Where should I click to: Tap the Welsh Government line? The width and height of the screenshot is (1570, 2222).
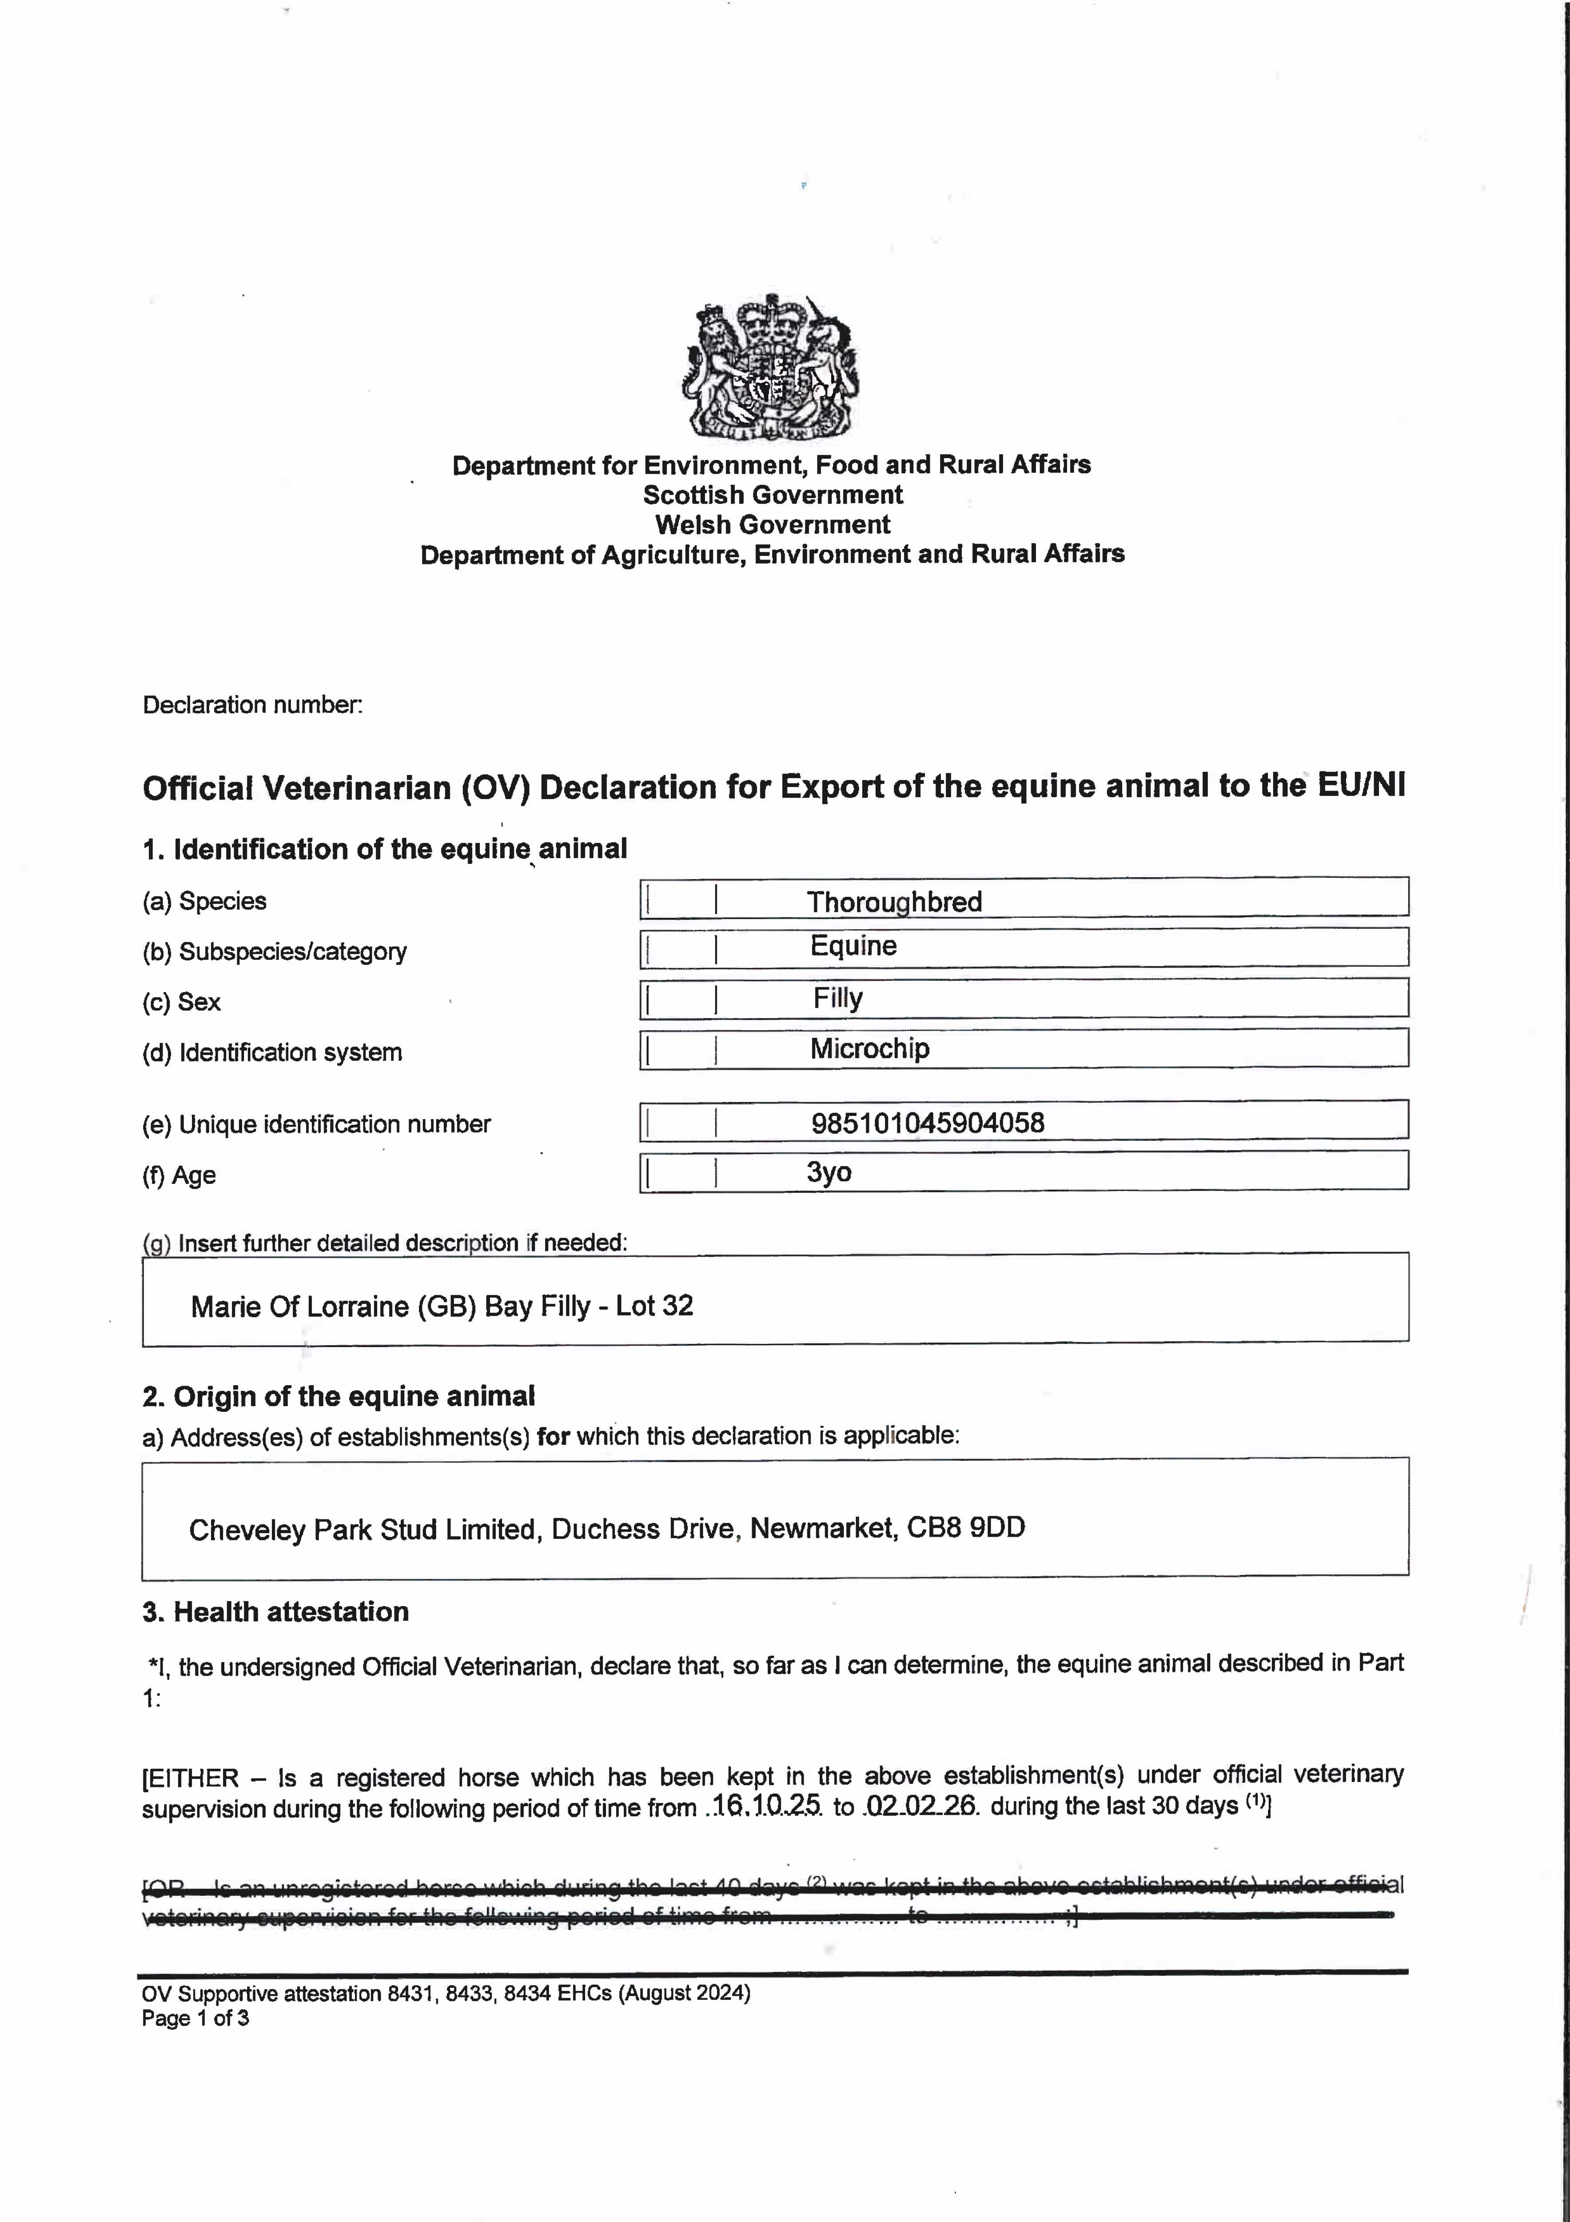click(x=772, y=524)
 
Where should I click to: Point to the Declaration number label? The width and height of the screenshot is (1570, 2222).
click(x=252, y=704)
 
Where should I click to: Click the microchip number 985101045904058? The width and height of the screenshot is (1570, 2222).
click(x=927, y=1123)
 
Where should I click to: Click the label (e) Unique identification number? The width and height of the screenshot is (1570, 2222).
click(x=316, y=1124)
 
